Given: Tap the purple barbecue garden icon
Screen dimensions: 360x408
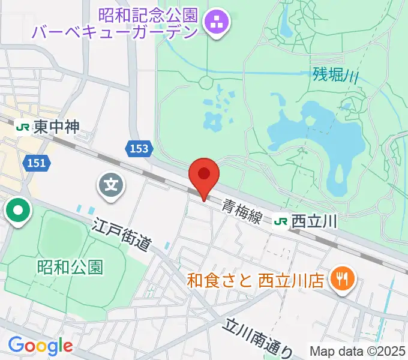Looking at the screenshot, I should [215, 23].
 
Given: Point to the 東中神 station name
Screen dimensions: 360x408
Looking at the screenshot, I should [56, 127].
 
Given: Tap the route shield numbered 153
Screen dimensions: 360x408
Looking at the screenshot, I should [138, 148].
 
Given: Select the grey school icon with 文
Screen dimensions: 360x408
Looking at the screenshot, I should [112, 185].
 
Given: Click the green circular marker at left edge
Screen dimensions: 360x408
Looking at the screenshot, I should [18, 212].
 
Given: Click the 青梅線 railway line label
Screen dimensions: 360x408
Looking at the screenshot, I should [242, 211].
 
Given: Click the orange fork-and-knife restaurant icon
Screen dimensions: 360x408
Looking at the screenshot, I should [344, 278].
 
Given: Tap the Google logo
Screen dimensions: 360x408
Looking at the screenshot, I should [40, 345].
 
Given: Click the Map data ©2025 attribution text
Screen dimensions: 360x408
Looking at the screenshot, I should [357, 350].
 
